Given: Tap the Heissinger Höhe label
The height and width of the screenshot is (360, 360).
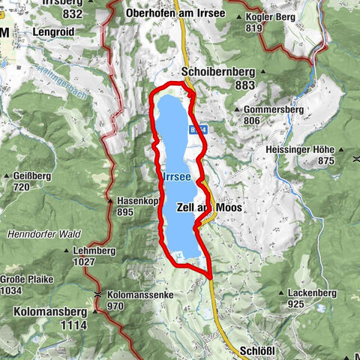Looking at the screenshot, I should coord(302,149).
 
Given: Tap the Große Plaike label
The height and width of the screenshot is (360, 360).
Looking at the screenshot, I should coord(26,280).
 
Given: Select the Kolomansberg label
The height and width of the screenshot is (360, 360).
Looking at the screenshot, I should coord(49,309).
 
